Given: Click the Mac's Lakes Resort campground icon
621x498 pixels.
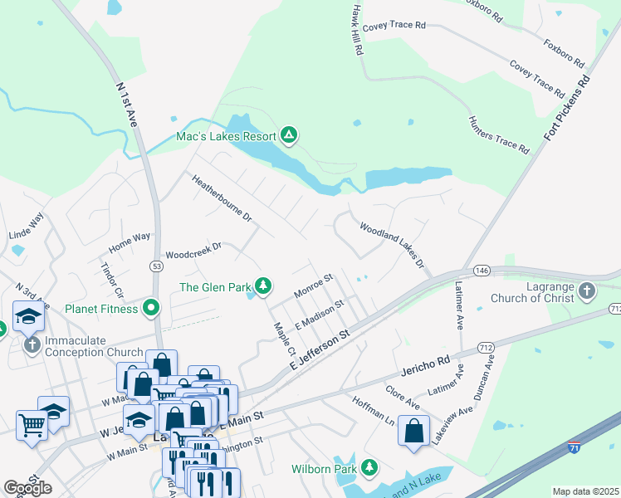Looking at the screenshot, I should point(289,134).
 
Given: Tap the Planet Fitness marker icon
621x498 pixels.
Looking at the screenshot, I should point(150,309).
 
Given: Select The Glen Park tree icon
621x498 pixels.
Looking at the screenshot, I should point(263,287).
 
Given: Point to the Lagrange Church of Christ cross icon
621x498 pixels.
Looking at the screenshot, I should point(587,290).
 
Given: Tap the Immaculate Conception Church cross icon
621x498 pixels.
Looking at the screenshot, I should point(32,344).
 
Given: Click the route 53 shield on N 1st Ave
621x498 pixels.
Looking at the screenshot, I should point(156,266).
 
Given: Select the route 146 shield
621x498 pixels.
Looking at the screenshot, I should point(482,271).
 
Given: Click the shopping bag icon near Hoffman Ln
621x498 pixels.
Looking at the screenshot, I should point(413,432).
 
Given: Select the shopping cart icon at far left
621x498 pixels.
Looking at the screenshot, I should point(32,425).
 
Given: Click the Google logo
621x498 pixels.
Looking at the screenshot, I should point(27,489).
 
